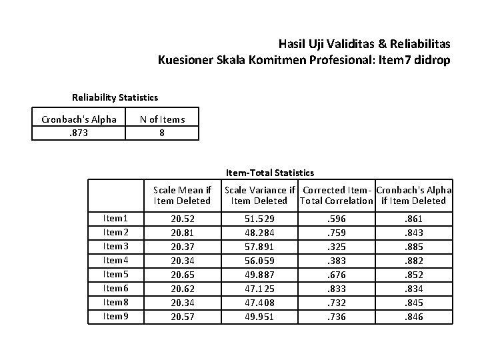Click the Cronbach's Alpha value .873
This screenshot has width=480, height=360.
[79, 133]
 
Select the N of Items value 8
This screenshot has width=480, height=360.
[162, 133]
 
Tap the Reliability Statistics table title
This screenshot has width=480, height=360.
[115, 97]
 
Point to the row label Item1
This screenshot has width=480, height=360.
[115, 218]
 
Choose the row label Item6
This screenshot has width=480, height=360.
[115, 288]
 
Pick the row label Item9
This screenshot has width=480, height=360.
[115, 316]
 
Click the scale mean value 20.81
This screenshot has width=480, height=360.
[183, 233]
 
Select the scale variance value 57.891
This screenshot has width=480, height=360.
[259, 247]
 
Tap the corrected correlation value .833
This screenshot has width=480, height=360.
[336, 289]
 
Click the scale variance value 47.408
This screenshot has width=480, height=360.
[259, 303]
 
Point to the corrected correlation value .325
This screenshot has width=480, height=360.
[336, 247]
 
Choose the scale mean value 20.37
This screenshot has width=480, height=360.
[183, 247]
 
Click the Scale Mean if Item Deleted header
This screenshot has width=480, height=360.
[182, 195]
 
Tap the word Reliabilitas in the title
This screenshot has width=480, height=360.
[421, 44]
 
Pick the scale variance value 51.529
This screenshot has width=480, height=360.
[259, 219]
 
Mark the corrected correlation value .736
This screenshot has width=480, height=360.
[336, 317]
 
